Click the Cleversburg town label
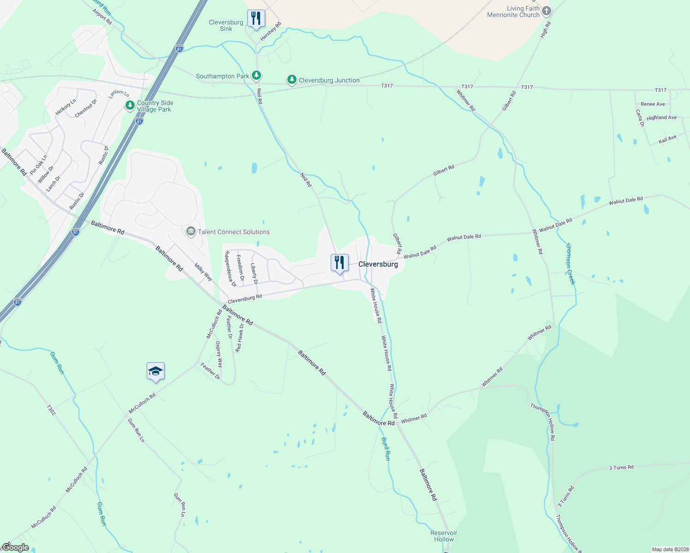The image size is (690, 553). pos(378,264)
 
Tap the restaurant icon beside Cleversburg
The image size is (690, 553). pos(339,263)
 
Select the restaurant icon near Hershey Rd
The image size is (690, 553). pos(256,18)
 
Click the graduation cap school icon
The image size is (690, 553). pos(155,371)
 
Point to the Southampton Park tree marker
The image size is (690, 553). pos(256,76)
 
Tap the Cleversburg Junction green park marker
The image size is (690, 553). pos(291,80)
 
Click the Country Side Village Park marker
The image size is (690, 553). pos(130,106)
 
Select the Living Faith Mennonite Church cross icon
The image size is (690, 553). pos(546,11)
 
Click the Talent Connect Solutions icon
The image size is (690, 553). pos(191,232)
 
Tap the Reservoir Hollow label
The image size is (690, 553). pos(444,536)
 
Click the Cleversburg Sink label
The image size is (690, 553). pos(226,25)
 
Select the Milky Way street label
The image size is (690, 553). pos(203,272)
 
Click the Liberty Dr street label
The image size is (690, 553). pos(254,273)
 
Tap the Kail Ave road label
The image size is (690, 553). pos(667,139)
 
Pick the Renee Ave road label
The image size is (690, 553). pos(653,104)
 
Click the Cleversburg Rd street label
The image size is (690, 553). pos(245,299)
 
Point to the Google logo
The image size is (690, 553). pos(15,547)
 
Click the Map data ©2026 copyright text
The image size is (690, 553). pos(669,549)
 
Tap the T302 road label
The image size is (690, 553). pos(51,410)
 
